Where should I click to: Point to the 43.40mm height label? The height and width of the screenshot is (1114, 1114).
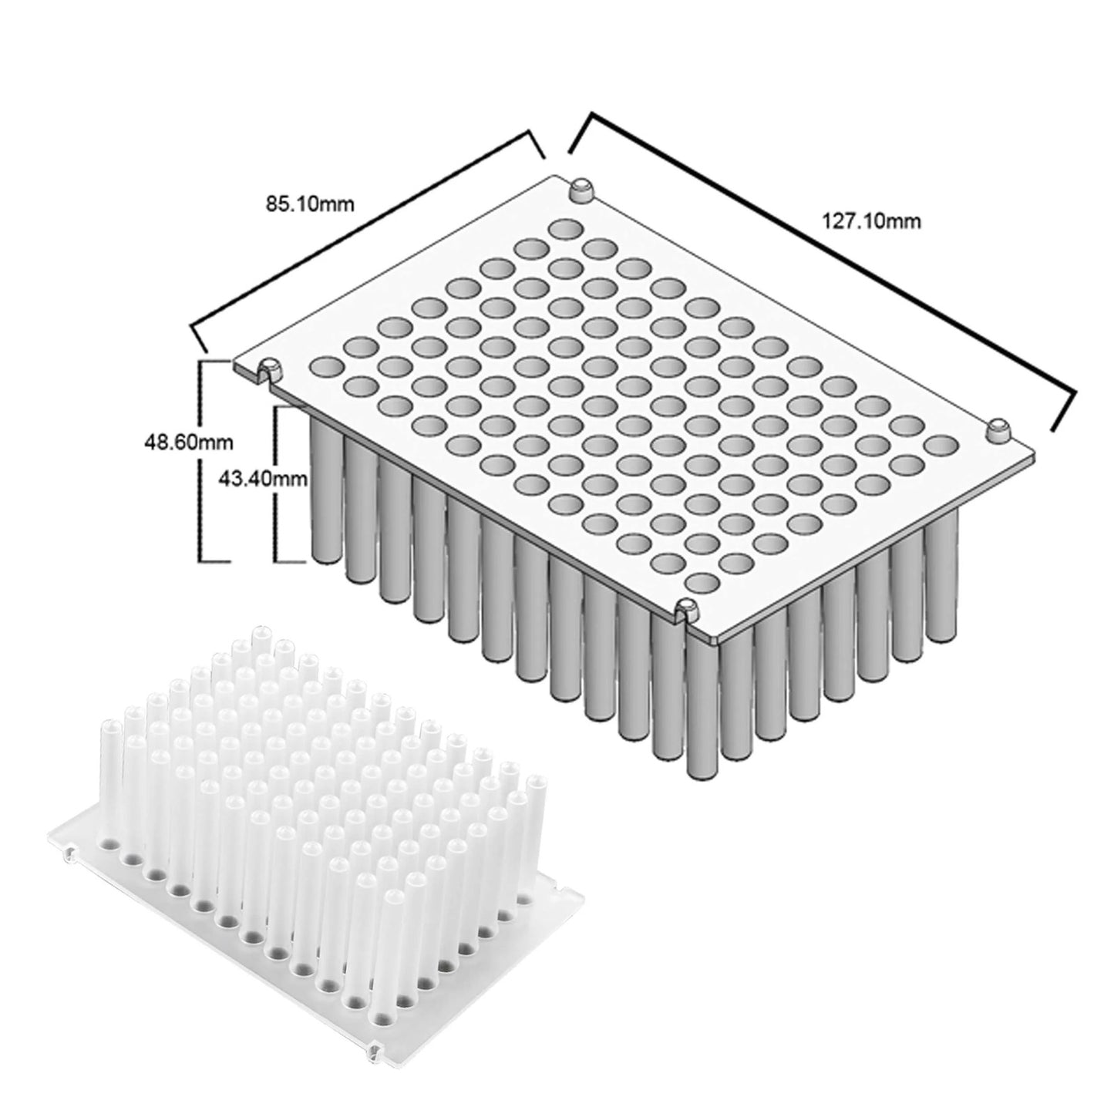click(x=264, y=480)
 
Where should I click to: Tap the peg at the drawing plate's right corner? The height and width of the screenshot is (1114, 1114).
click(x=999, y=429)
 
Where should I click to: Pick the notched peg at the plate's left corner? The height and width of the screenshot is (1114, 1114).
click(x=269, y=369)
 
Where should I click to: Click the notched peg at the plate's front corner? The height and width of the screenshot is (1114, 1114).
click(x=685, y=611)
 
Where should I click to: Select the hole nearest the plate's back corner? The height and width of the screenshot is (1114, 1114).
click(x=566, y=229)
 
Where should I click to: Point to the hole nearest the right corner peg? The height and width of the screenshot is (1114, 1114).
click(x=940, y=444)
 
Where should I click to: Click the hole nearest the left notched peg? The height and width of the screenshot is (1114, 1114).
click(x=324, y=364)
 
